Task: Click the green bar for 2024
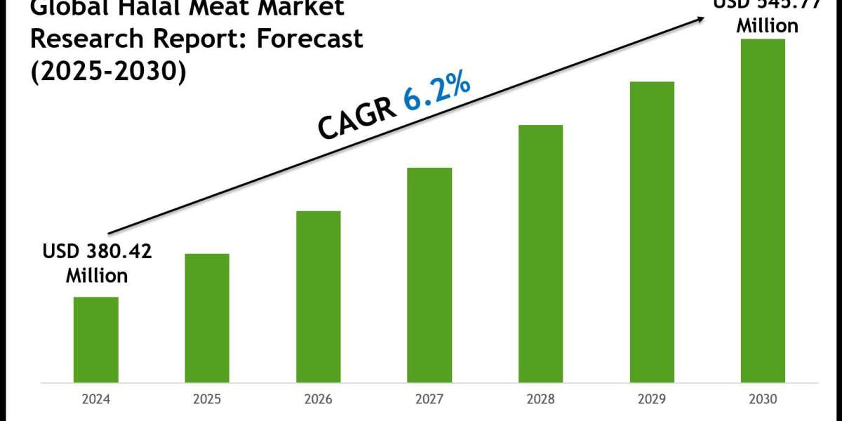(x=95, y=340)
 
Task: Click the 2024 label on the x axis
(x=96, y=401)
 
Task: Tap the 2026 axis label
(x=319, y=401)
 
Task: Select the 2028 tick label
(x=541, y=401)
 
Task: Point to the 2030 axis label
(x=763, y=401)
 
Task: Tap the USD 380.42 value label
(x=98, y=251)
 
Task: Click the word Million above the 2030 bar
(x=767, y=25)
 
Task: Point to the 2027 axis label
(x=429, y=401)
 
